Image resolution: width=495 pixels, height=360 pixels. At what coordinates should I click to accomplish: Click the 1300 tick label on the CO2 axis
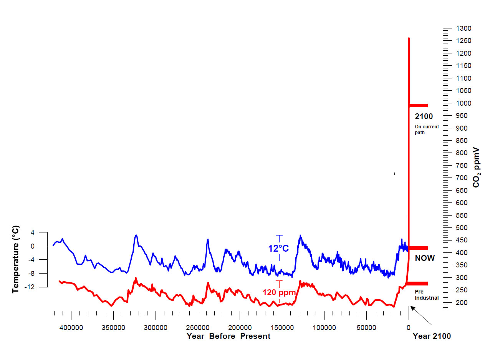pos(464,28)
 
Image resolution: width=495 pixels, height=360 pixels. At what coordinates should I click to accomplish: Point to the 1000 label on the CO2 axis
pos(464,103)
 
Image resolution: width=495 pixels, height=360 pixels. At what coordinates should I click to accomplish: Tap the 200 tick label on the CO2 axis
pos(462,303)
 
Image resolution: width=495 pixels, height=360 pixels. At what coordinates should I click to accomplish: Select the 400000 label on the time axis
pos(71,328)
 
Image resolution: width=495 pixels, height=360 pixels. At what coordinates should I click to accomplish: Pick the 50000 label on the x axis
pos(366,328)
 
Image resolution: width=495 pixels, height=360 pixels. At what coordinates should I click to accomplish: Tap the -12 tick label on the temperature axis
pos(30,287)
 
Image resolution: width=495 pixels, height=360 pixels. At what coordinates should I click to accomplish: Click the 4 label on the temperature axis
pos(33,232)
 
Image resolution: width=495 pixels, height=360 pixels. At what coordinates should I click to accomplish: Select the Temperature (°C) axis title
pos(15,259)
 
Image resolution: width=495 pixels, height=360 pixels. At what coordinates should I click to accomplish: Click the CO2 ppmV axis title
pos(476,167)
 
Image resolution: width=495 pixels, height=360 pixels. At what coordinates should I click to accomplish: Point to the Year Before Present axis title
pos(228,337)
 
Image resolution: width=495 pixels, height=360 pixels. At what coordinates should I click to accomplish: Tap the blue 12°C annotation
pos(278,249)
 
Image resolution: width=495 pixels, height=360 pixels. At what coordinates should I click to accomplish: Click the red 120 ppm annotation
pos(279,292)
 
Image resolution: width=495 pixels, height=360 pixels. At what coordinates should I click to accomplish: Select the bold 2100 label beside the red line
pos(424,116)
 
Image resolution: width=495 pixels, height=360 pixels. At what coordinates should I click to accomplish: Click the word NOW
pos(425,258)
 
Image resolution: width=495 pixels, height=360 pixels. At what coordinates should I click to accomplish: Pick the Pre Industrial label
pos(426,295)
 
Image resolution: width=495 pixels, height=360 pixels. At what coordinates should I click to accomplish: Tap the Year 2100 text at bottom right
pos(432,337)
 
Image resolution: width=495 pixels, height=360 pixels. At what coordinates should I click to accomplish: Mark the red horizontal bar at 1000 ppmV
pos(418,105)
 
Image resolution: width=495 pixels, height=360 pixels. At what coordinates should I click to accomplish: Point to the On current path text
pos(426,129)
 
